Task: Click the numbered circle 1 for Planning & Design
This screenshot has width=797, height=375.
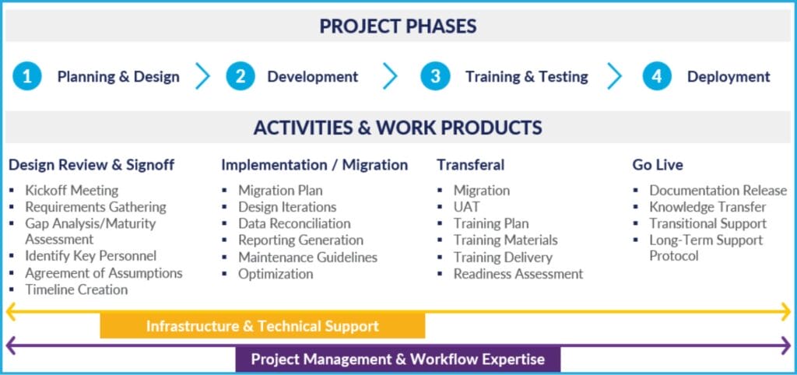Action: point(27,76)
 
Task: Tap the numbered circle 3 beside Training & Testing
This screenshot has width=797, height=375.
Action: point(435,76)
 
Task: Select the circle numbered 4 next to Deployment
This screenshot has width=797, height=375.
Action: point(657,76)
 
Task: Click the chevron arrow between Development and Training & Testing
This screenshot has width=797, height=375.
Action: point(390,76)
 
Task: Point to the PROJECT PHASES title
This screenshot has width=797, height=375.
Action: point(398,26)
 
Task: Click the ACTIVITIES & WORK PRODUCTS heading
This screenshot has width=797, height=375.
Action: point(398,128)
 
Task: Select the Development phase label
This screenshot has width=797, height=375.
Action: point(313,77)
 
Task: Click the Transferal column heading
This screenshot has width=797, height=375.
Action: point(471,165)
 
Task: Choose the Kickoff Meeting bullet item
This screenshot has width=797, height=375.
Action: point(72,191)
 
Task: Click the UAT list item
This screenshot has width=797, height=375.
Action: point(467,207)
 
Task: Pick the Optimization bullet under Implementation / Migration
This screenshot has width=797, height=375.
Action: point(276,274)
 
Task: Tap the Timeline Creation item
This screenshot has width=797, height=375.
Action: point(76,289)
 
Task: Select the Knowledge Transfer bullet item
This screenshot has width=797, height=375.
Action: point(707,207)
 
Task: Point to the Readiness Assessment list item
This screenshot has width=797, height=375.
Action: point(518,274)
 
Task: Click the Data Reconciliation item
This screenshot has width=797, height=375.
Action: point(294,223)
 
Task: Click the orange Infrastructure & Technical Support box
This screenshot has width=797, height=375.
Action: point(262,326)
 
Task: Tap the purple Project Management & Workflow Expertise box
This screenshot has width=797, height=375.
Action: point(398,359)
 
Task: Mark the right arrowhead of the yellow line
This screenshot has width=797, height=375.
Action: point(786,311)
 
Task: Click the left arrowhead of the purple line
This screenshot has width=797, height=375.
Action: point(11,345)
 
